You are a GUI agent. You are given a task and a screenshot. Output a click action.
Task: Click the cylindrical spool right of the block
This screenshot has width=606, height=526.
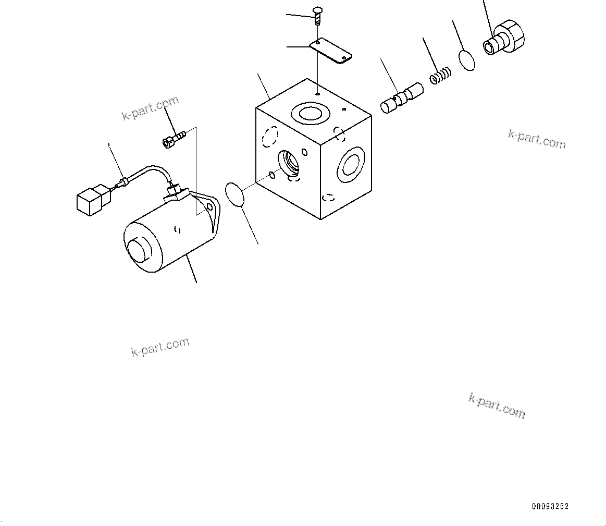tap(401, 98)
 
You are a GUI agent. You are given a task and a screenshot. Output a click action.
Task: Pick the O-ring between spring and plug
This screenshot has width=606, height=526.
tap(467, 60)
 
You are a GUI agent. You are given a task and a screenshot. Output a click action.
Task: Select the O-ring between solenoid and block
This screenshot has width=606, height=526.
tap(234, 194)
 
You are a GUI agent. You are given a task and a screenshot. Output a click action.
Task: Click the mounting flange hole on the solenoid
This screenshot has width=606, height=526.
tap(210, 207)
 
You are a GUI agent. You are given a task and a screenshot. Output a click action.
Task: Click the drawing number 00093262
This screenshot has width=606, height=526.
tap(550, 506)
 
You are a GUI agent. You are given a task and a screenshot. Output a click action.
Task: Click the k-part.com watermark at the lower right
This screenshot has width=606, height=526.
tap(497, 405)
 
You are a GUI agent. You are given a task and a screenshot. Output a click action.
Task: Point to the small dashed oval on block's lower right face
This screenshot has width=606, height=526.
tap(328, 197)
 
